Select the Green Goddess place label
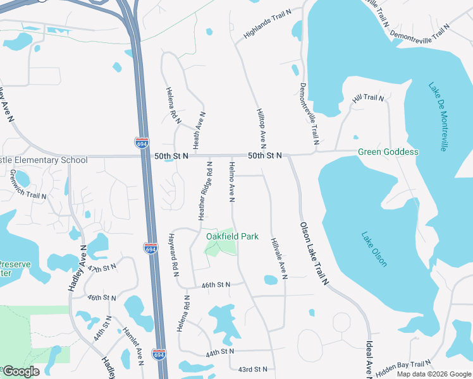click(x=388, y=152)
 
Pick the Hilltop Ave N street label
click(x=261, y=128)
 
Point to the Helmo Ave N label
click(x=231, y=182)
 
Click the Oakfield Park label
click(x=232, y=236)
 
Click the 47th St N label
click(x=102, y=269)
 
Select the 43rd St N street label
click(x=252, y=369)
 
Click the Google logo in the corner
click(x=20, y=371)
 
